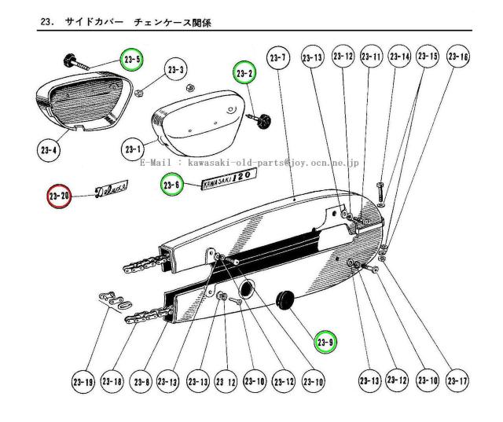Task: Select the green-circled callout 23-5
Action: [x=131, y=60]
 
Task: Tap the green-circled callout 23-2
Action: [x=244, y=73]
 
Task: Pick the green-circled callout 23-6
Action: [x=172, y=185]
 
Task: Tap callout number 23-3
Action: [x=176, y=72]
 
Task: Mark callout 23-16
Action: [x=457, y=57]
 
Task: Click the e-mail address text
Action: [x=250, y=163]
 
